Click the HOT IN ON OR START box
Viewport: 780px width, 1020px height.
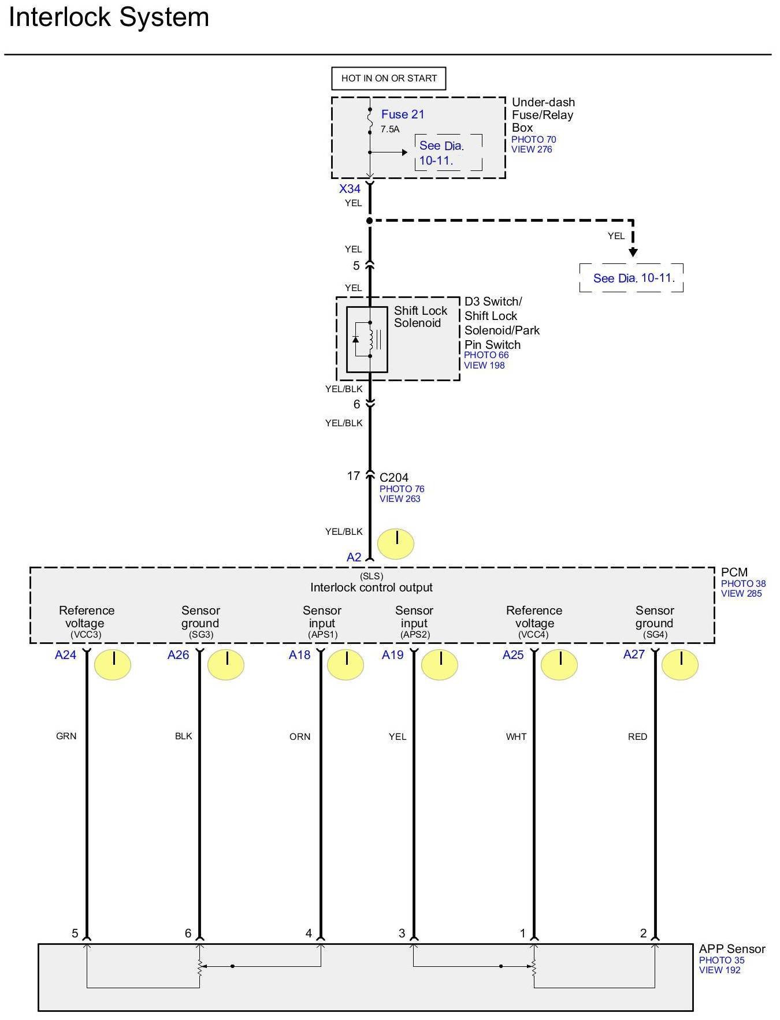point(389,79)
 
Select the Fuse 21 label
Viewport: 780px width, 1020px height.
point(402,114)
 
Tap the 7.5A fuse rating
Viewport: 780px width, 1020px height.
point(389,129)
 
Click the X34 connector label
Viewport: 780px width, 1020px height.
point(350,189)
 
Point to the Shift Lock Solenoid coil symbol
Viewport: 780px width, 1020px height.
point(371,339)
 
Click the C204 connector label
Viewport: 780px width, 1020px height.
point(394,478)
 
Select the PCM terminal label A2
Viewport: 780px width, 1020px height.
point(354,557)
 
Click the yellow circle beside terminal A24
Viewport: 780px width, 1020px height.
point(113,664)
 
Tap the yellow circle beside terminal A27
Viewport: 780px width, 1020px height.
point(680,664)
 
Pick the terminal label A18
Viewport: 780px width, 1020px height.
point(299,655)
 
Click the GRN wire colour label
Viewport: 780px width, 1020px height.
point(66,736)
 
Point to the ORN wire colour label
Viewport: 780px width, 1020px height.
point(300,737)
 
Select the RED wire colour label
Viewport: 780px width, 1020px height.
point(637,737)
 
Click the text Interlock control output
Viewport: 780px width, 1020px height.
point(371,587)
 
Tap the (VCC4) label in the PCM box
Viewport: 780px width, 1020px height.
point(533,635)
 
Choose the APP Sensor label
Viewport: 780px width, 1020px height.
point(731,949)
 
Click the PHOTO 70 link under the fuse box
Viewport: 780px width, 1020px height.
point(533,140)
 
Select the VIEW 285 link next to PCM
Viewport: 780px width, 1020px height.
point(741,594)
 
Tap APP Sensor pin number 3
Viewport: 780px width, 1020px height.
point(402,933)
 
